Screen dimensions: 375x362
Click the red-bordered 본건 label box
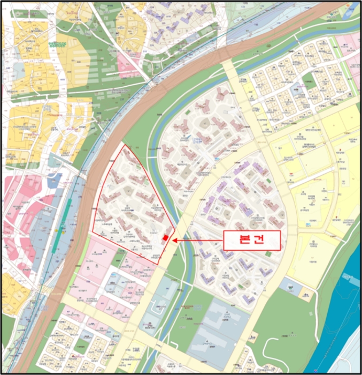coord(251,241)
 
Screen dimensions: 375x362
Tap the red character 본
coord(242,241)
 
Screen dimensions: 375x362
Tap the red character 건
coord(260,241)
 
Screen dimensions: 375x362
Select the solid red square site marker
coord(166,238)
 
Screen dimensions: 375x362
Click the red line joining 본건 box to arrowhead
coord(201,241)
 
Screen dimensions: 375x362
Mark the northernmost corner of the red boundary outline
coord(125,145)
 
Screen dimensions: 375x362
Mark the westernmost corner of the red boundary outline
coord(93,232)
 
